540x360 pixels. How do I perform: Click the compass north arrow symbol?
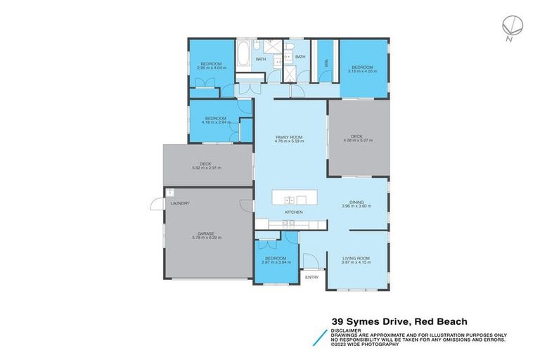coord(511,27)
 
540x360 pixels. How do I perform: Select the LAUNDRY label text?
coord(180,203)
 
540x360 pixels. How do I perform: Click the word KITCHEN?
coord(293,212)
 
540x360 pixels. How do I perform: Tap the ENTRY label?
coord(311,277)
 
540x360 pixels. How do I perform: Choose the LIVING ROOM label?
coord(356,258)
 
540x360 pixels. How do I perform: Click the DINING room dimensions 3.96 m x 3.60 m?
coord(356,207)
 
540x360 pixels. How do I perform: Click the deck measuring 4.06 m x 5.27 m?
coord(356,139)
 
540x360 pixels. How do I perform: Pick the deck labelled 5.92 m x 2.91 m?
coord(206,166)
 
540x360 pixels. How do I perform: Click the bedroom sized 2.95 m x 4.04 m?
coord(211,66)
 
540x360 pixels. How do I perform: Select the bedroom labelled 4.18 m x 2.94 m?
coord(215,120)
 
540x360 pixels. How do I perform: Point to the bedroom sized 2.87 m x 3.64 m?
coord(275,261)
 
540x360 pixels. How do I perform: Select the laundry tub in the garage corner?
coord(170,192)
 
